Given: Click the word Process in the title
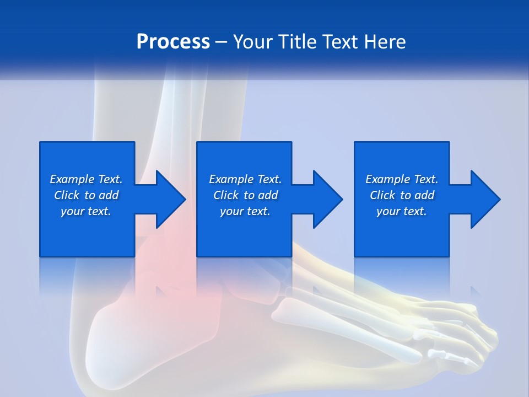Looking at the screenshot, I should [173, 42].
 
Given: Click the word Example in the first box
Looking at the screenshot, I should [72, 179].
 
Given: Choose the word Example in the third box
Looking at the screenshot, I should [387, 179].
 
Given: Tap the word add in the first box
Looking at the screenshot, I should [109, 195].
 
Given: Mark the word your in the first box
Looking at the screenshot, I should [72, 211].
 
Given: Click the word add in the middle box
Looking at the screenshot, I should [268, 195].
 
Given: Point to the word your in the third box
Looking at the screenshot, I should [388, 211].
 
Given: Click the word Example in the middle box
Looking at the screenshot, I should [231, 179].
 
